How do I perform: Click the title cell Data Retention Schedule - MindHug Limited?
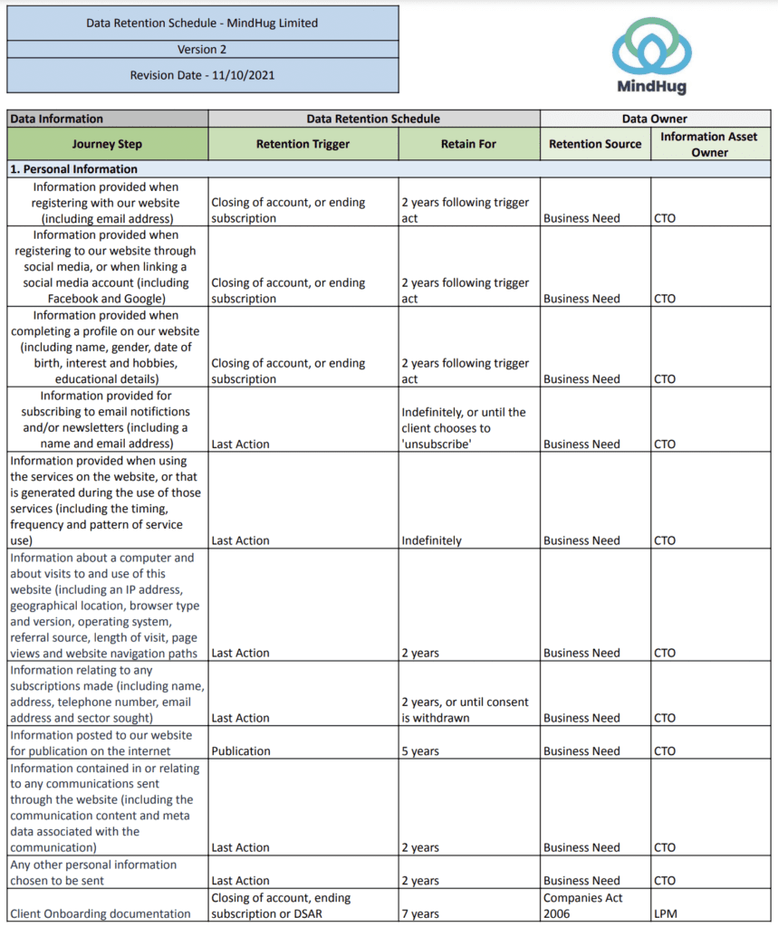202,24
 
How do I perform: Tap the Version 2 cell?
202,50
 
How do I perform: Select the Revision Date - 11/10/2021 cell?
202,75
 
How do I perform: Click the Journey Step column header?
107,144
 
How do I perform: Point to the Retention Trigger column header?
303,144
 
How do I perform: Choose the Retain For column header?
468,144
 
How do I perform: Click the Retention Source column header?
595,144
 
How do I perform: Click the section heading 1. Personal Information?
74,169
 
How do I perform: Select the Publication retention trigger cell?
241,751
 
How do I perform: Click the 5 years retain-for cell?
420,751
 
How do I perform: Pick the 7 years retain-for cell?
420,914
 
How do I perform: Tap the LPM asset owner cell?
665,914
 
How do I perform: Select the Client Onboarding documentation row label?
100,914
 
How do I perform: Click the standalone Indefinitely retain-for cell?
432,540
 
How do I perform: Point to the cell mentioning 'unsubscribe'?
463,428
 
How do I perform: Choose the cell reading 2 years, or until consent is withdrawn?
465,710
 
